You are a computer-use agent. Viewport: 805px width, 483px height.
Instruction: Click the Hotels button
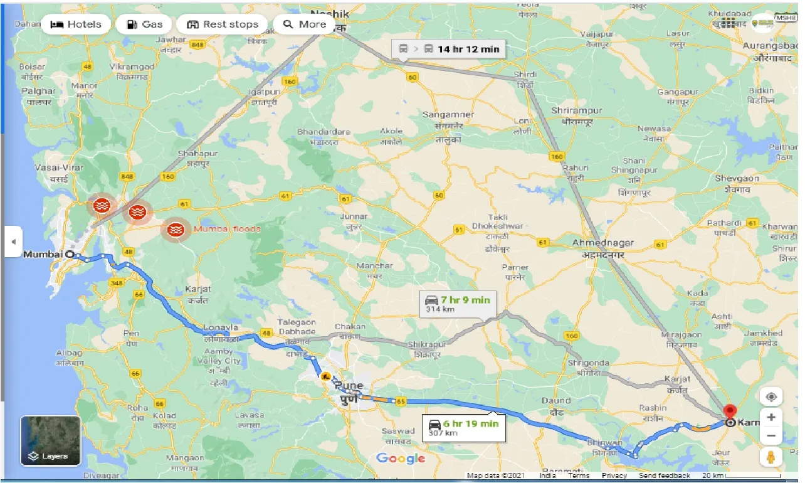pos(75,24)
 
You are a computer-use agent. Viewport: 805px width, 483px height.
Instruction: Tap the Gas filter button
pos(144,24)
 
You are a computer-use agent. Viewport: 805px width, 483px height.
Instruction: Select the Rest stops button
pos(223,24)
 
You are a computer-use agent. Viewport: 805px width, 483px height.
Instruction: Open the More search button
pos(304,24)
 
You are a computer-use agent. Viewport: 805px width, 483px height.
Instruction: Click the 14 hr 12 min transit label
pos(450,49)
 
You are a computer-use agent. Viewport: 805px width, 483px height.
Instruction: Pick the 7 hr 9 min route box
pos(457,304)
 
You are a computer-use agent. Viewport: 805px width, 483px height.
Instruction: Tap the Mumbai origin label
pos(43,254)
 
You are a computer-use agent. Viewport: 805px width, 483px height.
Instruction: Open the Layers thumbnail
pos(51,440)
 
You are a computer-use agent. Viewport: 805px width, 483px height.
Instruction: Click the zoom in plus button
pos(771,417)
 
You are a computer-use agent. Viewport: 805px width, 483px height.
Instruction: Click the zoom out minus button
pos(771,435)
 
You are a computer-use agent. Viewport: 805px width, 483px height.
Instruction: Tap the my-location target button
pos(771,397)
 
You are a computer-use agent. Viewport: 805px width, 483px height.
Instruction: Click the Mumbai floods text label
pos(226,229)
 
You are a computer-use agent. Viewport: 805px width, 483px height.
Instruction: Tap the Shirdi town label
pos(525,74)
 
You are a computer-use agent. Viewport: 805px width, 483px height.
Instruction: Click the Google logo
pos(401,459)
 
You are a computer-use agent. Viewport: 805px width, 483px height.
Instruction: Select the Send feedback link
pos(665,475)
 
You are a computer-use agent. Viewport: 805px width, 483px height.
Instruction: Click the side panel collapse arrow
pos(13,242)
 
